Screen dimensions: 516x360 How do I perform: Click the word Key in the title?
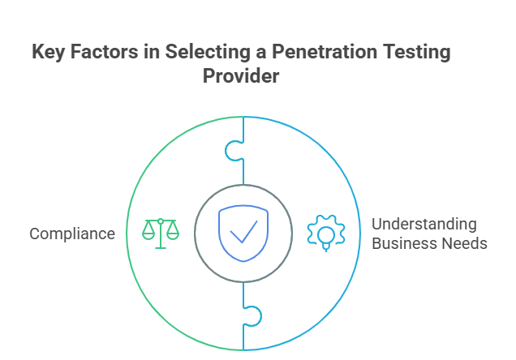pos(49,53)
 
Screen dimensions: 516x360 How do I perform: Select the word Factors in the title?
pos(104,52)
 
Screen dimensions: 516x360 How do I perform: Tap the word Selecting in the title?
pos(208,53)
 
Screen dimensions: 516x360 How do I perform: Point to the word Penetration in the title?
pos(325,52)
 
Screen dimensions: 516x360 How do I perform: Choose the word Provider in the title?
pos(241,76)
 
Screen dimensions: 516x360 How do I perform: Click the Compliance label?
pos(72,234)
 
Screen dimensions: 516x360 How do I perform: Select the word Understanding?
pos(424,225)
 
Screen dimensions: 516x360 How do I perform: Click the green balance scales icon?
pos(161,234)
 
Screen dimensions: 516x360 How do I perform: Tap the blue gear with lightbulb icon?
pos(326,233)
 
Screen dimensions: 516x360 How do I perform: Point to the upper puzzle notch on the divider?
pos(233,151)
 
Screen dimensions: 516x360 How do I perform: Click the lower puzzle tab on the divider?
pos(254,316)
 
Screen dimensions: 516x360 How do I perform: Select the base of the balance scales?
pos(161,247)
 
